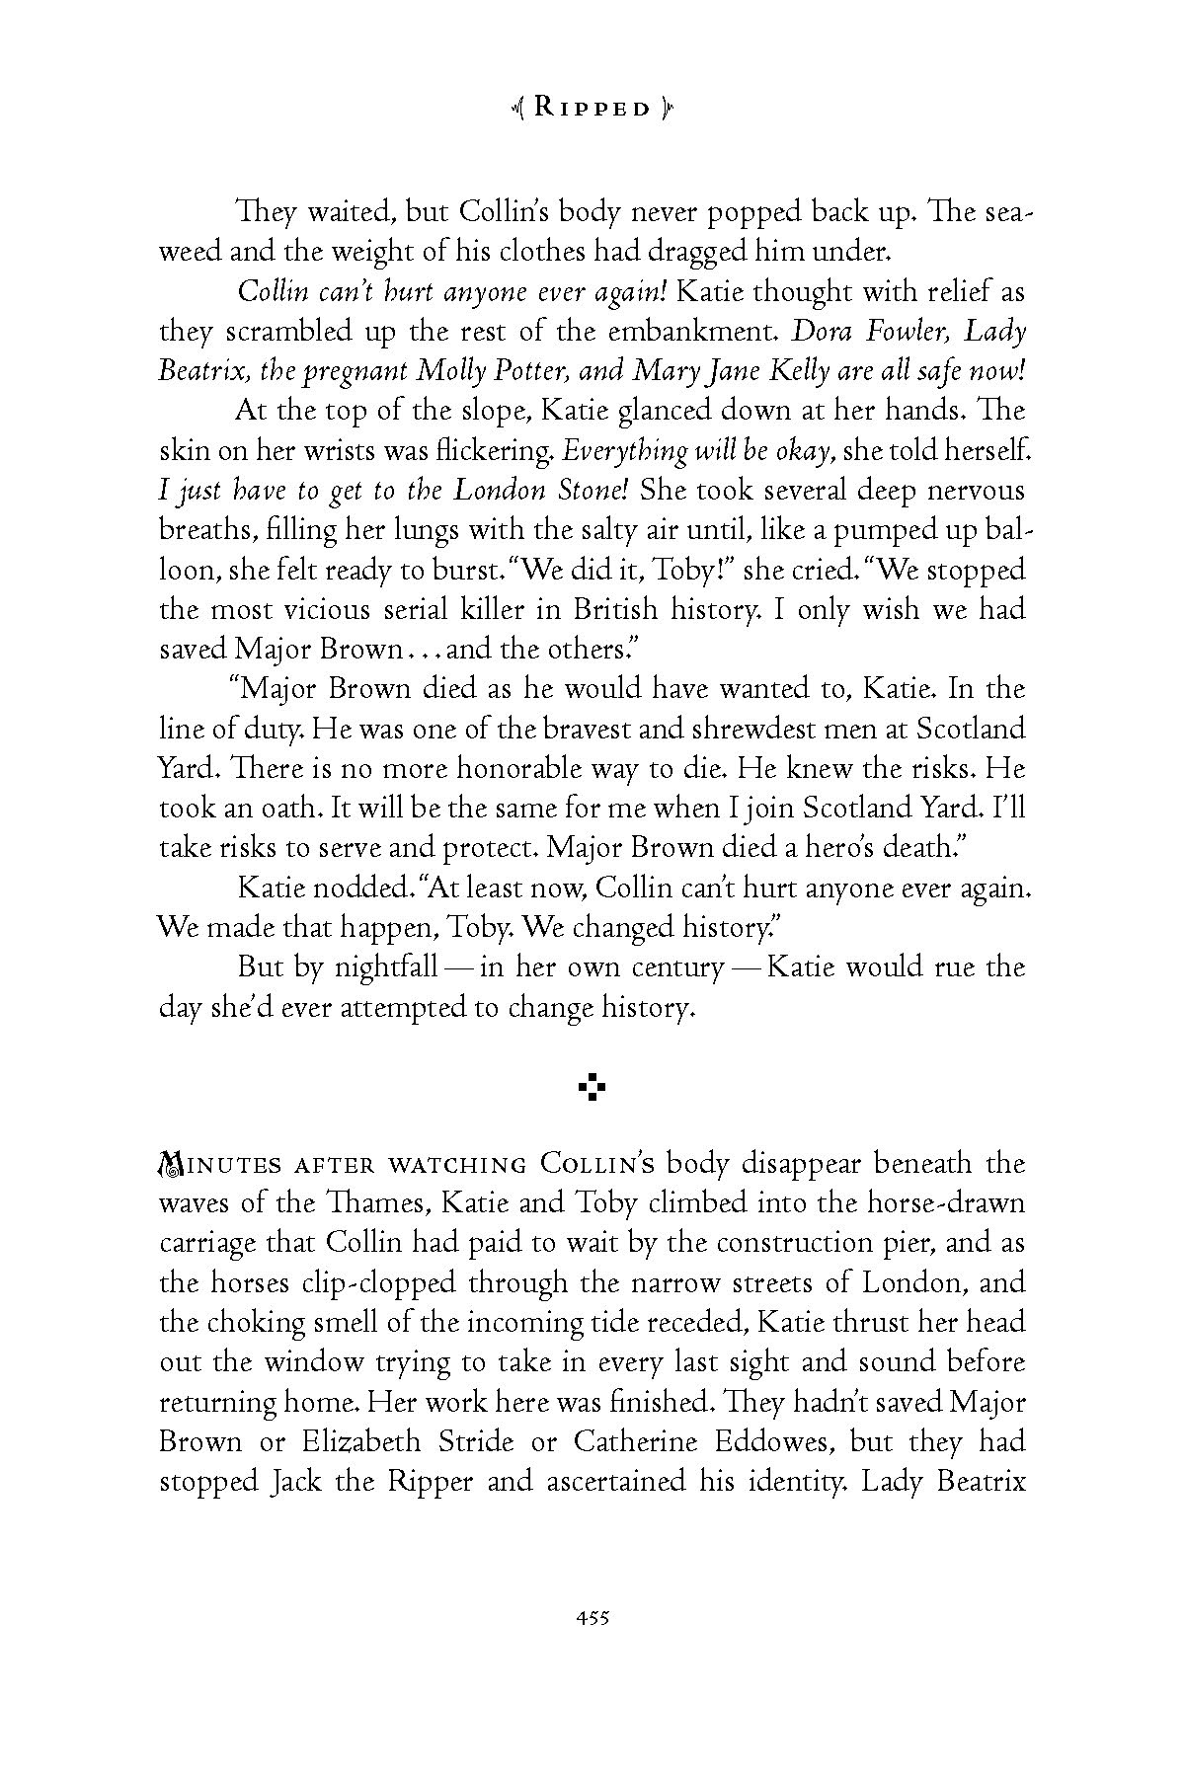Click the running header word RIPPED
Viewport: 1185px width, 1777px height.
(x=592, y=108)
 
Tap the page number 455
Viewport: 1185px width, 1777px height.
(x=592, y=1617)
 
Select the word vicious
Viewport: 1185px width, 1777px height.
(x=307, y=609)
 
